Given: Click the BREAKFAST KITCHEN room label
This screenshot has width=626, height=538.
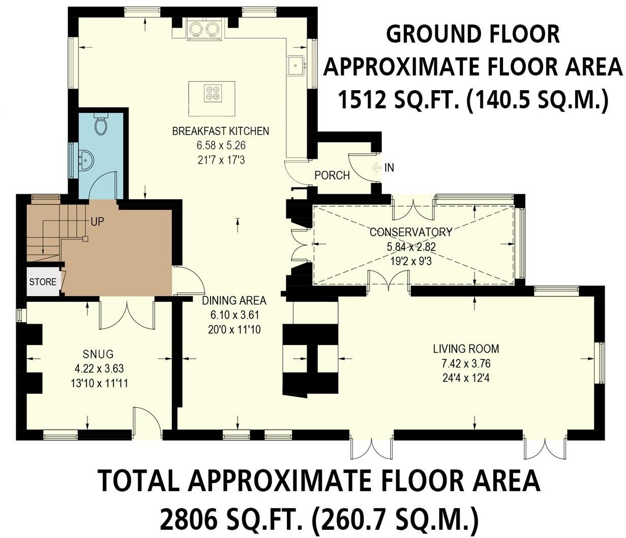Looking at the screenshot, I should coord(220,131).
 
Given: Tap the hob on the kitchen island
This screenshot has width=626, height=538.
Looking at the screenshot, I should coord(212,93).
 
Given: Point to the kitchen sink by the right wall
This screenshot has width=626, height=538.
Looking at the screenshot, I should coord(295,65).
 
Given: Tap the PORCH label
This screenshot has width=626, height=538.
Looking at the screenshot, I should coord(332,176).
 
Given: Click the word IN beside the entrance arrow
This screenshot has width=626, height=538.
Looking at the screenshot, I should coord(389,167).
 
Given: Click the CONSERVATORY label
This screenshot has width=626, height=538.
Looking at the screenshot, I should coord(410,233).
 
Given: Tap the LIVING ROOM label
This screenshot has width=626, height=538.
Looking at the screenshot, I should coord(466,349).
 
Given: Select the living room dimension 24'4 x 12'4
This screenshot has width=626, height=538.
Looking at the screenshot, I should coord(466,378).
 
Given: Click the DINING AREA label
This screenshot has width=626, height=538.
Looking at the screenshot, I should coord(234,301).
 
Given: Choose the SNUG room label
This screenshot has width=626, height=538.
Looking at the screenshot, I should coord(98,354).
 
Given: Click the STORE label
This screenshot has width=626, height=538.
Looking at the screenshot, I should coord(43,281).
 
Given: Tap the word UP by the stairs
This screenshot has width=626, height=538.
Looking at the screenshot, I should coord(98,222).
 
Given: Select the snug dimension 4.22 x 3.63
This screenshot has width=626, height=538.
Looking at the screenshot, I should coord(98,369).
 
